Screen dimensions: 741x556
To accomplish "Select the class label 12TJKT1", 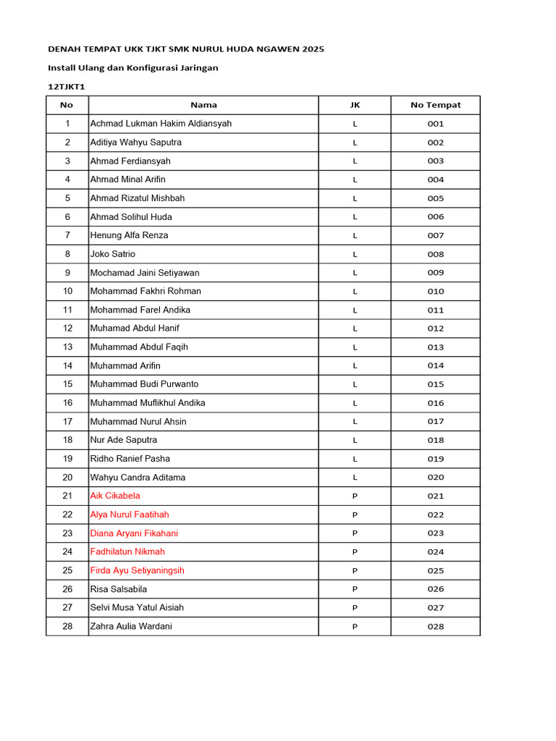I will tap(67, 86).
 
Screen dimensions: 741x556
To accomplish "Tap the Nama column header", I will tap(203, 105).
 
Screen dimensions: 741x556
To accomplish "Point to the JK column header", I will tap(355, 105).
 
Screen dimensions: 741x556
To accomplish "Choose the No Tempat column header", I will tap(435, 105).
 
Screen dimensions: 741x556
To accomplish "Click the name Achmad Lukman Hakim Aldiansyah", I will tap(161, 124).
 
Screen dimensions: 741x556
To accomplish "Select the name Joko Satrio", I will tap(112, 254).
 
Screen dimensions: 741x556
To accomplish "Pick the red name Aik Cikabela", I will tap(115, 496).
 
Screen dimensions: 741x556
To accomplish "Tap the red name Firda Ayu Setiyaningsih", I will tap(137, 570).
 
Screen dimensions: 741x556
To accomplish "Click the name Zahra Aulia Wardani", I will tap(131, 626).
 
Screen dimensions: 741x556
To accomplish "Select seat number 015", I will tap(435, 384).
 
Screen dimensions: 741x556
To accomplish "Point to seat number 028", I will tap(435, 627).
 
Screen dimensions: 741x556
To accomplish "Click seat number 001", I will tap(435, 124).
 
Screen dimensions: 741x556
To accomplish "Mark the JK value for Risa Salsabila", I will tap(355, 589).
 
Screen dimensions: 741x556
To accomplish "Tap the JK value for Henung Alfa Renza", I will tap(355, 235).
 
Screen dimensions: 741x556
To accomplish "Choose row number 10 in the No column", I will tap(67, 291).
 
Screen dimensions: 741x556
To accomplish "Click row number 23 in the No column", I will tap(67, 533).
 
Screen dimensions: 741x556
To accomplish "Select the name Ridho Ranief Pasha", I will tap(130, 459).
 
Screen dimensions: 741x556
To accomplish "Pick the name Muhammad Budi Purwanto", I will tap(144, 384).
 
